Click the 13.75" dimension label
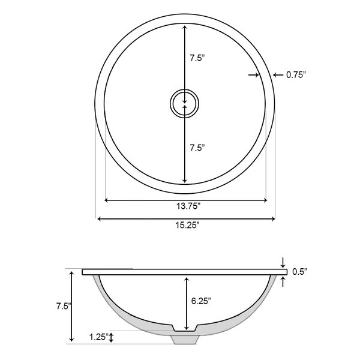[188, 206]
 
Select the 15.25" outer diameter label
[187, 226]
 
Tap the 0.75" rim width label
[296, 74]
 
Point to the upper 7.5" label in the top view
[197, 58]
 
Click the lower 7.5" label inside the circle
[197, 148]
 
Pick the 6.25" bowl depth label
[201, 301]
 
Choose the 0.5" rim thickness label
[299, 272]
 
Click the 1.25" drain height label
[99, 337]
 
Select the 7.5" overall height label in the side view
[64, 306]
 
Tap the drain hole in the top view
[184, 104]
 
